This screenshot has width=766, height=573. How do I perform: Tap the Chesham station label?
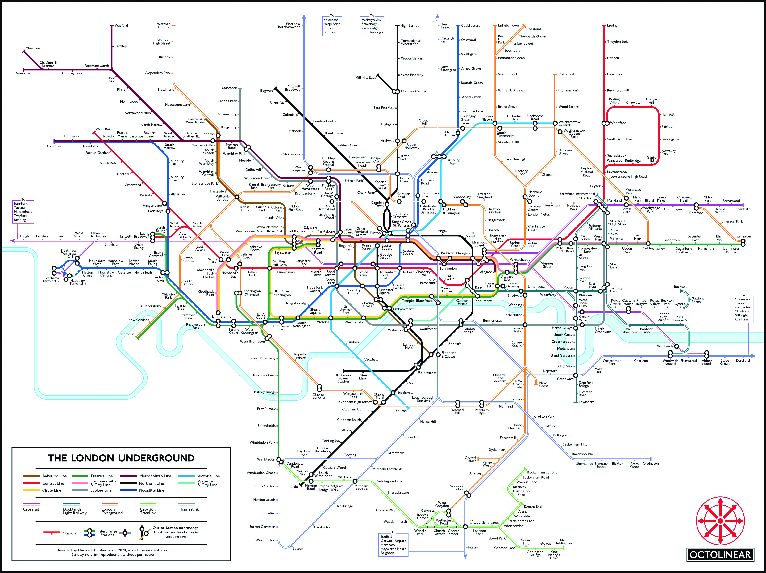click(33, 48)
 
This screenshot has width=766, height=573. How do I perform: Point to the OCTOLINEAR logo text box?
click(720, 555)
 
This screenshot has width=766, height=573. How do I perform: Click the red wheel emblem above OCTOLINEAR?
click(720, 521)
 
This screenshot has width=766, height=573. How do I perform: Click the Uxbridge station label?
click(54, 146)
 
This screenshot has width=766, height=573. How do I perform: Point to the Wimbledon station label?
click(266, 459)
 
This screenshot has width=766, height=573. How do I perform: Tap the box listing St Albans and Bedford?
click(332, 26)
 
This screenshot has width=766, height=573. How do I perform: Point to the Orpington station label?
click(651, 463)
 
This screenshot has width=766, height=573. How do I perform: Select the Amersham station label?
click(24, 73)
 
